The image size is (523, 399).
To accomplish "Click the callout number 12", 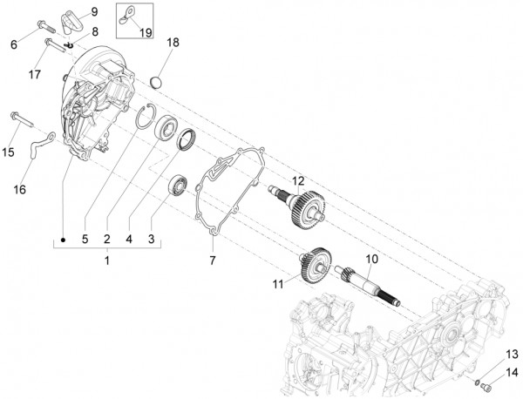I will pyautogui.click(x=298, y=182).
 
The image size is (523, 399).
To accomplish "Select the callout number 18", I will pyautogui.click(x=173, y=43).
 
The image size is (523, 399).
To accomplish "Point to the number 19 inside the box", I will pyautogui.click(x=145, y=33).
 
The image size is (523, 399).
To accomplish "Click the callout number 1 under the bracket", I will pyautogui.click(x=107, y=260).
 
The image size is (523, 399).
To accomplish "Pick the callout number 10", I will pyautogui.click(x=371, y=260).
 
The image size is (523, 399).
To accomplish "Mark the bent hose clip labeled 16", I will pyautogui.click(x=40, y=147).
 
